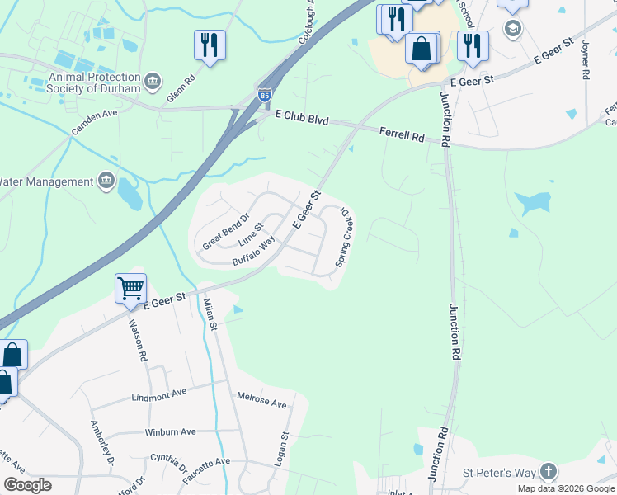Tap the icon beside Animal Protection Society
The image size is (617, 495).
coord(153,81)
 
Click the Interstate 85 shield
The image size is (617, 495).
coord(264,96)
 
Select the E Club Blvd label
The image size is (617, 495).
coord(302,120)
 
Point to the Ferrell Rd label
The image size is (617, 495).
coord(401,135)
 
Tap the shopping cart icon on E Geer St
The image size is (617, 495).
coord(130,289)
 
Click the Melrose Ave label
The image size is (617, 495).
coord(261,403)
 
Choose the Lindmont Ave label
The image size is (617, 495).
coord(159,396)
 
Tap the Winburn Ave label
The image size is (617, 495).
coord(170,431)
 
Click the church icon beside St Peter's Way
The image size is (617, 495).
coord(548,472)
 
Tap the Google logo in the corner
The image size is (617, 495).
coord(27,485)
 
